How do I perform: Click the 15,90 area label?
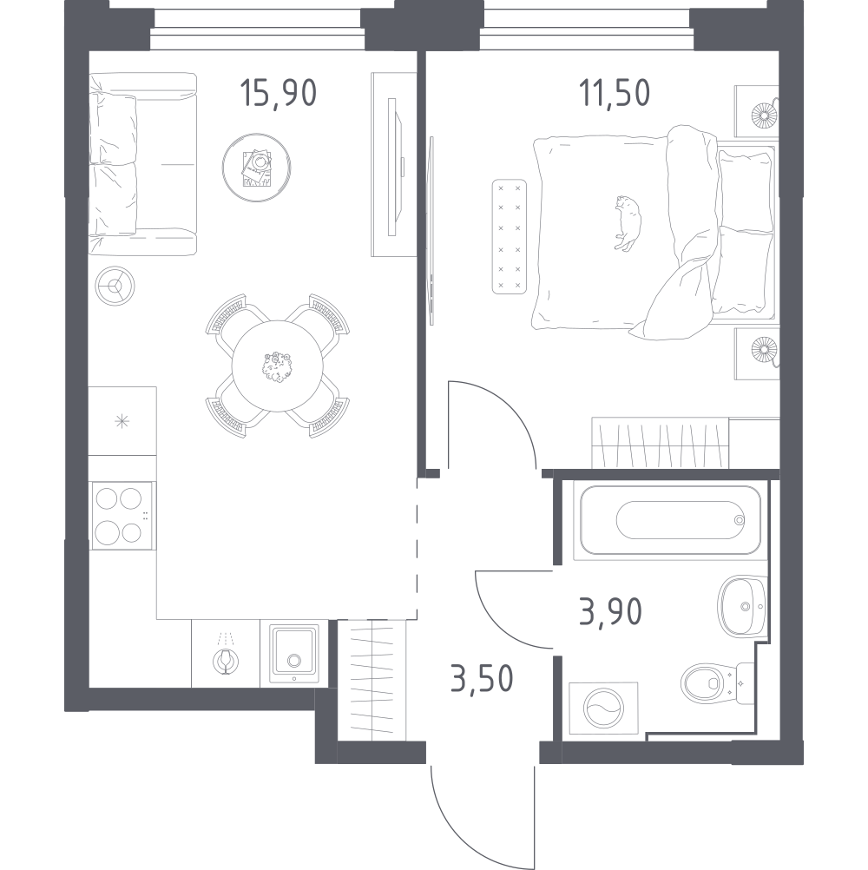[x=279, y=92]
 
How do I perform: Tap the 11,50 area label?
[x=614, y=92]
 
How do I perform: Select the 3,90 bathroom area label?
[x=610, y=611]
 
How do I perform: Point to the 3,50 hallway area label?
[x=482, y=679]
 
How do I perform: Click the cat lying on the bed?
[x=628, y=222]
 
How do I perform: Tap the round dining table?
[x=278, y=366]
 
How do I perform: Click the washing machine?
[x=603, y=709]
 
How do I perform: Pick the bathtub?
[x=670, y=520]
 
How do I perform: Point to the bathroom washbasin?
[x=743, y=606]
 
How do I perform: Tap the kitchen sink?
[x=294, y=654]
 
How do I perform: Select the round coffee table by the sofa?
[x=256, y=167]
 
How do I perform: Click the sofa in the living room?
[x=142, y=164]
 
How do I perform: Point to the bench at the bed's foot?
[x=510, y=236]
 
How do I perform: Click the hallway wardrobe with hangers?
[x=372, y=681]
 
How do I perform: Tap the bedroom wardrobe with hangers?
[x=660, y=443]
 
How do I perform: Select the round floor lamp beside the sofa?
[x=115, y=286]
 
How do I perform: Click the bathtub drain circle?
[x=739, y=520]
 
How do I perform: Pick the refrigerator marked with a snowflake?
[x=122, y=421]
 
